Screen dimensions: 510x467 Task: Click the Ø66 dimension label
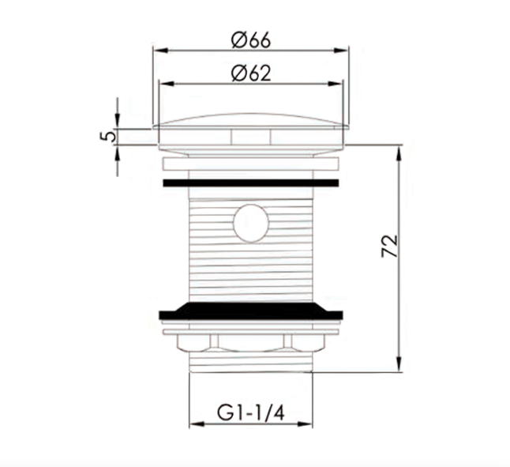coord(251,40)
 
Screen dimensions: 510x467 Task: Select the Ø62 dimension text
coord(251,73)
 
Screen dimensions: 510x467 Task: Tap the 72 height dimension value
coord(390,246)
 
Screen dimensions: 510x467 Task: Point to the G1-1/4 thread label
coord(251,413)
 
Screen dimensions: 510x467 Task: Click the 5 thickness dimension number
coord(108,135)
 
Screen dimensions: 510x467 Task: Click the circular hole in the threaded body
coord(251,224)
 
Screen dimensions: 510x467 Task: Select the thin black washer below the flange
coord(251,183)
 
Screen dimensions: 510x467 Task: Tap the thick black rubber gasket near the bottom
coord(251,311)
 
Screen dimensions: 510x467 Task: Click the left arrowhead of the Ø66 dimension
coord(161,51)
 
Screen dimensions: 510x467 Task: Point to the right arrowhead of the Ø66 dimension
coord(341,51)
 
